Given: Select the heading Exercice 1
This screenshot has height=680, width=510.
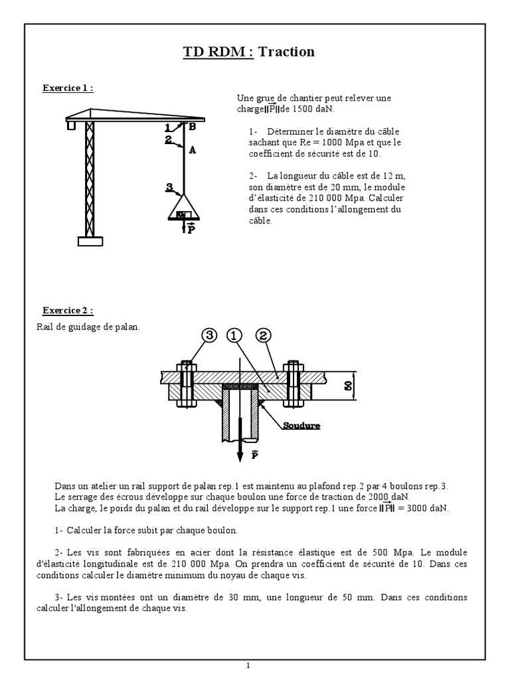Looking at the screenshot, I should [68, 88].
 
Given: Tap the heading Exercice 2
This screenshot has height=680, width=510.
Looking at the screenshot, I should [68, 310].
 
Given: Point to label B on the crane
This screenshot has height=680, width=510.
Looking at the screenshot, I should [192, 126].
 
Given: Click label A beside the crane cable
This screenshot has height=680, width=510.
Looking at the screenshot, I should [193, 150].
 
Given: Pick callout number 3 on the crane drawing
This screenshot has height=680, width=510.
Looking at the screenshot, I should [170, 187].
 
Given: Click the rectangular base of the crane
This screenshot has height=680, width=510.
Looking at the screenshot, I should [91, 242].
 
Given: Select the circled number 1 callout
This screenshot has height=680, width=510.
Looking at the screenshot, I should [234, 336].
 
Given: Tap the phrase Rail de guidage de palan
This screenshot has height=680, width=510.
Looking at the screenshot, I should [88, 326].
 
